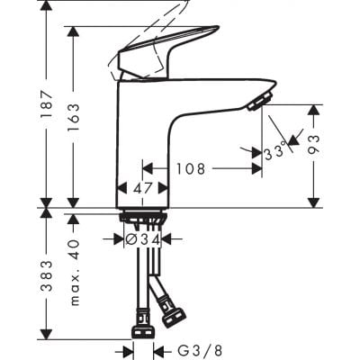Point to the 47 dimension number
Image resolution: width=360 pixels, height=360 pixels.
click(x=144, y=190)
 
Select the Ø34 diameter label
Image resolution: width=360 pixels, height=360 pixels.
click(x=143, y=239)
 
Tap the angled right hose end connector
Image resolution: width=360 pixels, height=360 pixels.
click(x=172, y=314)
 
